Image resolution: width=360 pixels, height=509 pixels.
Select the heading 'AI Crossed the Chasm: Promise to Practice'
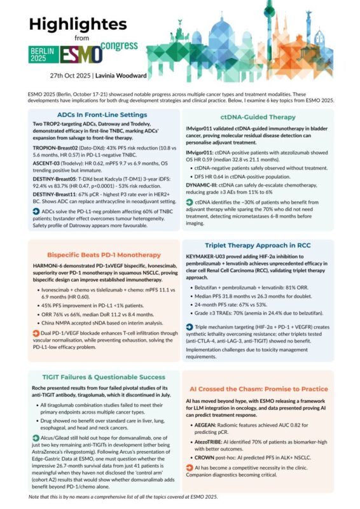pos(263,387)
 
